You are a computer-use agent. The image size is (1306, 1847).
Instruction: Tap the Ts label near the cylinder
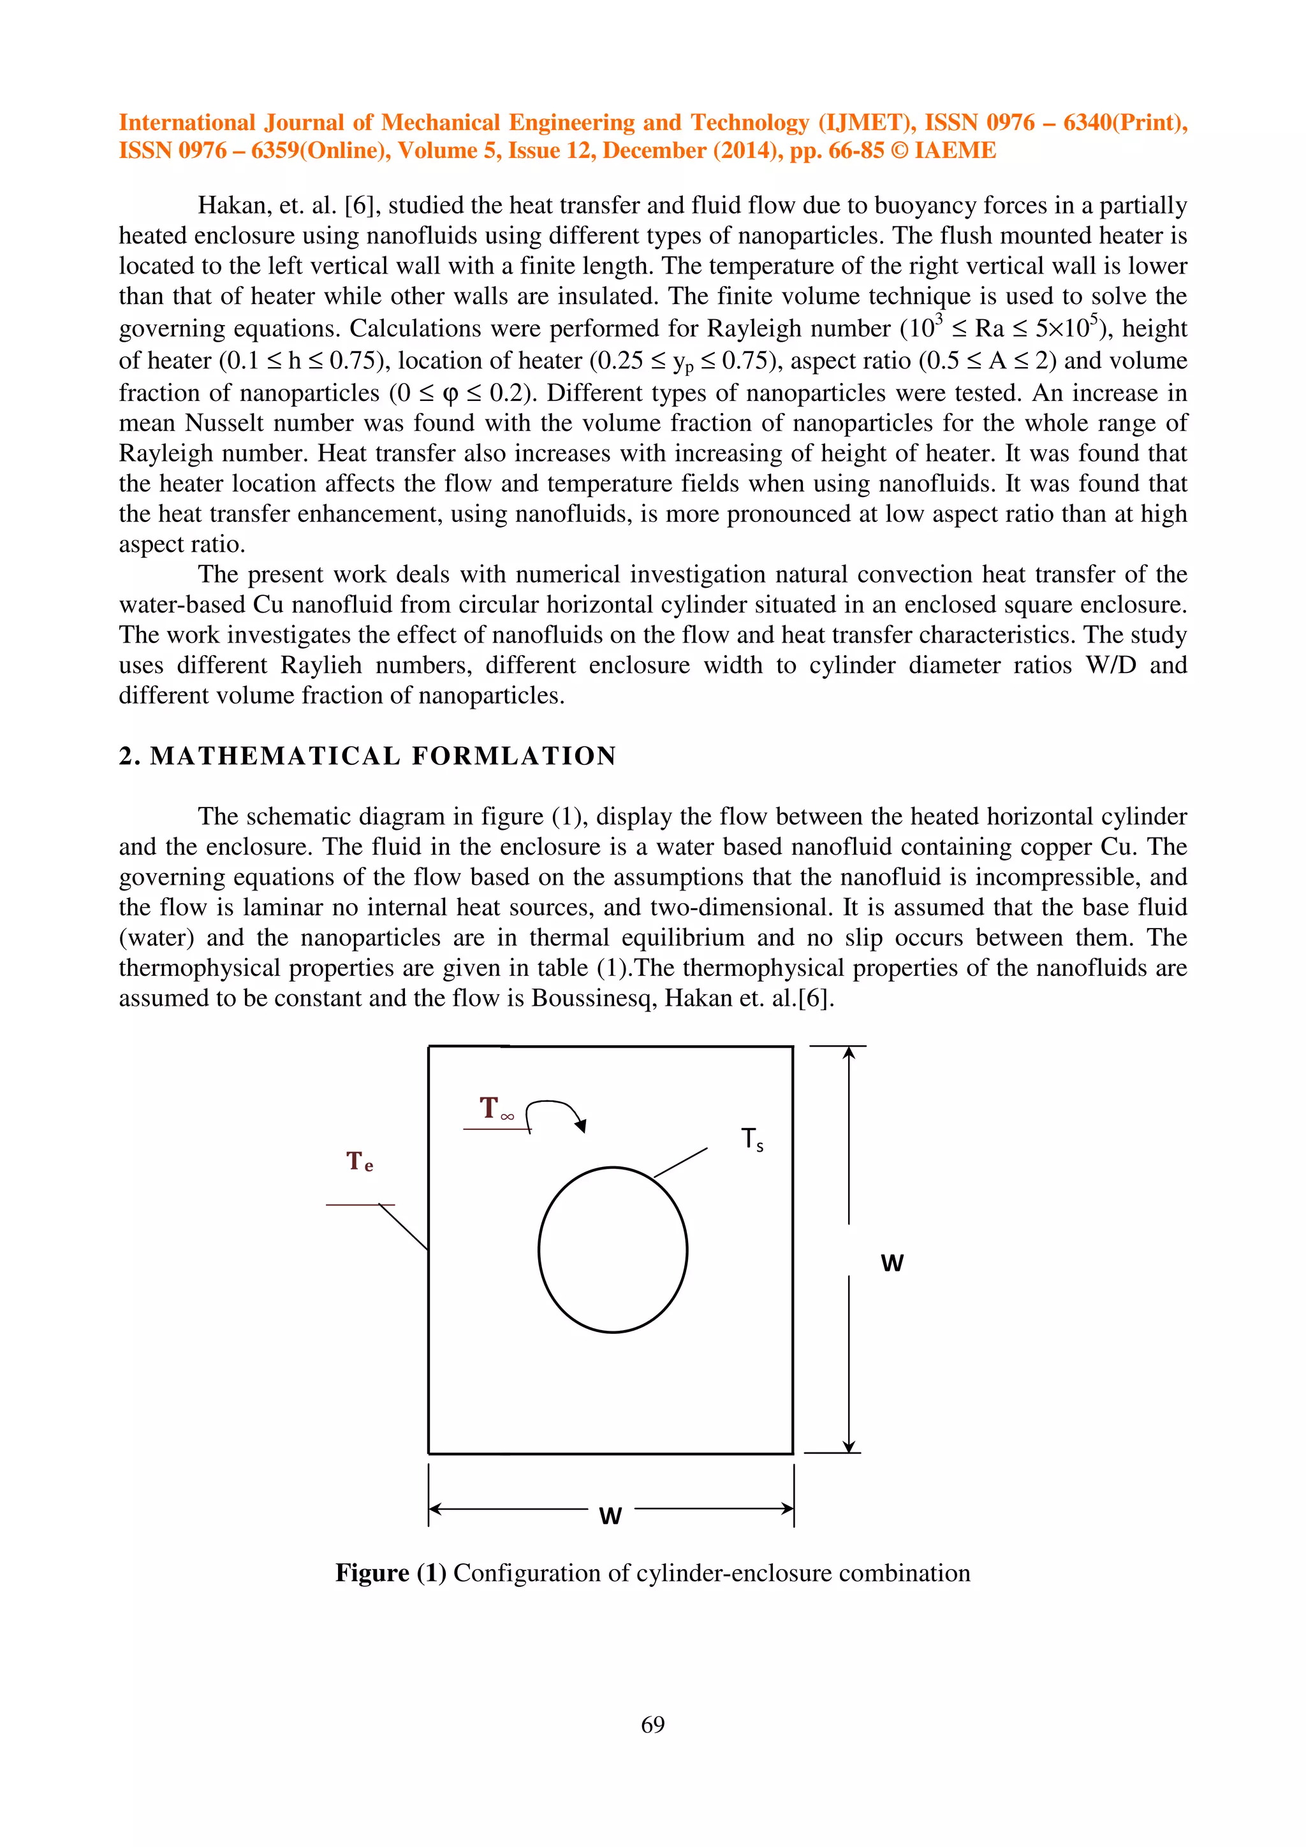752,1140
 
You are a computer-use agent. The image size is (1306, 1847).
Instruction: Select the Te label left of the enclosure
360,1162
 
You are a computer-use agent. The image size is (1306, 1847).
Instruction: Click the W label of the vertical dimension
891,1263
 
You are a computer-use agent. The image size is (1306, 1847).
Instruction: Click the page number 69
652,1724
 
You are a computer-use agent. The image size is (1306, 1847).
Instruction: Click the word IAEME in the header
955,150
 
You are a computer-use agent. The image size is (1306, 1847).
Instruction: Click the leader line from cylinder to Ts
681,1163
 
